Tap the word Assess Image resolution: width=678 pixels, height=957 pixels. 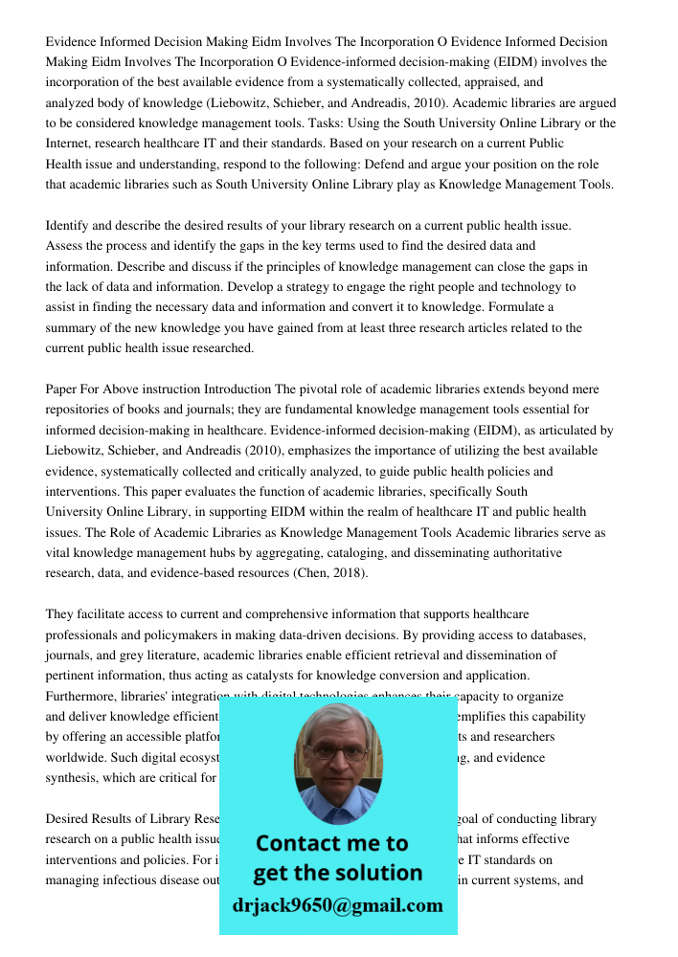coord(65,245)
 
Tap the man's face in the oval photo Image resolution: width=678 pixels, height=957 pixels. coord(337,756)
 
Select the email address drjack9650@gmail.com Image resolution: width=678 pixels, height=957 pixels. coord(338,905)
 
